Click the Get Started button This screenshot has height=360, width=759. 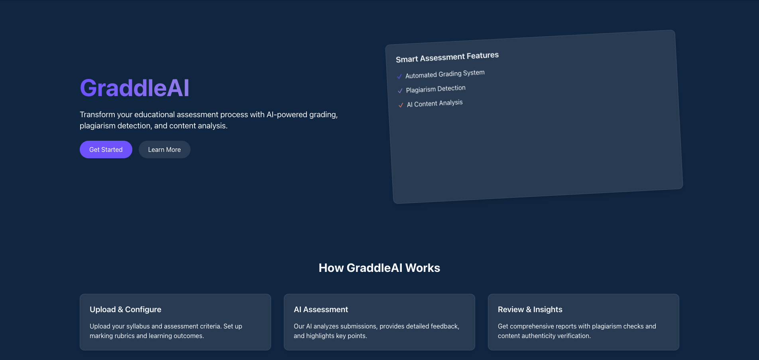(x=106, y=150)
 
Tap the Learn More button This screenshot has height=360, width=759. (x=164, y=150)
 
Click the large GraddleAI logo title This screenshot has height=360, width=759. (x=134, y=88)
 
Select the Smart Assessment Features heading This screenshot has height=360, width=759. (x=447, y=57)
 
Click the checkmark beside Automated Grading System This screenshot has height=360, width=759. (x=399, y=76)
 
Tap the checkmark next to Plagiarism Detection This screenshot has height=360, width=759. (x=400, y=91)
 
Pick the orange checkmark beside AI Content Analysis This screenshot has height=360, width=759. (x=401, y=105)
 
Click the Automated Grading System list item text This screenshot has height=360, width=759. (x=445, y=74)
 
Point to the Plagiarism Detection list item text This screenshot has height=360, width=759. (x=436, y=89)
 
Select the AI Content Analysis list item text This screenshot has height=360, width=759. (x=435, y=104)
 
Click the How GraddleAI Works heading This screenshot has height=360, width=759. (x=379, y=268)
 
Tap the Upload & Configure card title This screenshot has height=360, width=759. (x=126, y=309)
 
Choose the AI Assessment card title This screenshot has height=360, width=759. (x=321, y=309)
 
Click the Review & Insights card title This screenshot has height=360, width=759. (x=530, y=309)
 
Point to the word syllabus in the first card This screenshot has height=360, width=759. (x=138, y=326)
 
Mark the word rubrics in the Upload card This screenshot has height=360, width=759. (x=125, y=336)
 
